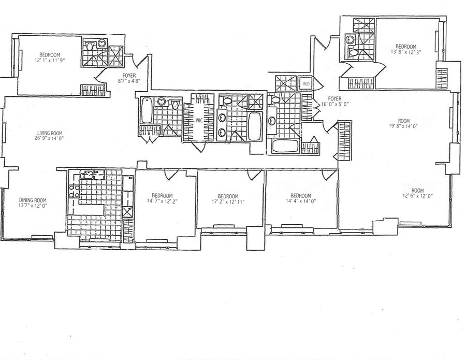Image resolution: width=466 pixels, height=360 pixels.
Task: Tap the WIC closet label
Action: pos(198,121)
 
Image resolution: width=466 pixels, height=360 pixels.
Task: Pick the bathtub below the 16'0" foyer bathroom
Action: pos(285,146)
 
